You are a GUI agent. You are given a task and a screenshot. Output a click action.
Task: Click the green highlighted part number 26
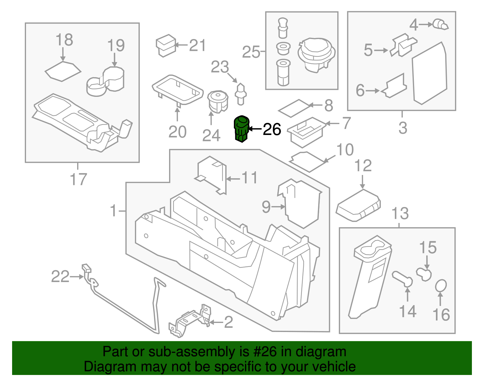click(x=242, y=129)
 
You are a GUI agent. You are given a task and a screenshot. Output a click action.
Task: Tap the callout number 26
click(x=272, y=130)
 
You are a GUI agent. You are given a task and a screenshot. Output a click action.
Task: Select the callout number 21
click(x=198, y=45)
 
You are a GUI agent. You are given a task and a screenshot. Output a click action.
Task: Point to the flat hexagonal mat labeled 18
click(x=63, y=71)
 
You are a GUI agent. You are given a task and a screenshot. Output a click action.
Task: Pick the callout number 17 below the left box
click(x=78, y=179)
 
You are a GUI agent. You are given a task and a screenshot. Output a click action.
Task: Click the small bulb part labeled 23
click(x=241, y=93)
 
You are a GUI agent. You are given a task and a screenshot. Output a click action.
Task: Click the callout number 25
click(x=251, y=52)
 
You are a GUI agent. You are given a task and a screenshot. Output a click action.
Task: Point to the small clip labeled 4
click(x=440, y=24)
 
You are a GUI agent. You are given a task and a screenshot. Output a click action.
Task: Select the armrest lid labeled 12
click(x=358, y=205)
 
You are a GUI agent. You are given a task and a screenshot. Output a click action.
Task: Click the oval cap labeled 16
click(x=441, y=286)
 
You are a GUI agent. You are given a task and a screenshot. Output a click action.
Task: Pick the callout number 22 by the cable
click(x=60, y=277)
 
